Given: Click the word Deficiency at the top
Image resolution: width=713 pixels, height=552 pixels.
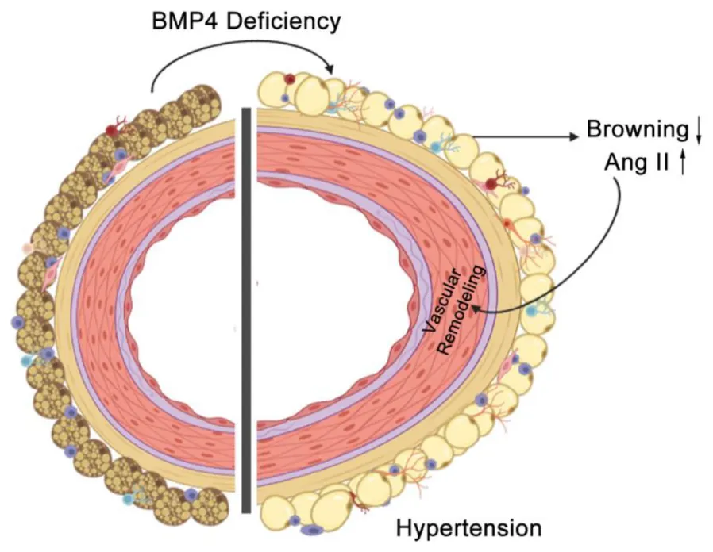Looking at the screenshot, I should pyautogui.click(x=284, y=21).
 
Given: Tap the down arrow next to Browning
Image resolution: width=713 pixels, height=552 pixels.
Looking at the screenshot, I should pyautogui.click(x=698, y=131).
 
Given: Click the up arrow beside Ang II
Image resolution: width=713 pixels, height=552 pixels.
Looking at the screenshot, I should pyautogui.click(x=683, y=164).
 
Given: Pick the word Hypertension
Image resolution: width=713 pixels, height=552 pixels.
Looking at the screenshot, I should pyautogui.click(x=468, y=527).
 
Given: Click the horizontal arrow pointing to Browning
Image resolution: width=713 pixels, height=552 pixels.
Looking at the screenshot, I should pyautogui.click(x=524, y=136).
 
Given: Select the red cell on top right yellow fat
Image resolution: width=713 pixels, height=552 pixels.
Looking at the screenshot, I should pyautogui.click(x=291, y=79).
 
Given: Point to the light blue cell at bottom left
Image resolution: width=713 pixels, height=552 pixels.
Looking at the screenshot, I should pyautogui.click(x=129, y=499).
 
